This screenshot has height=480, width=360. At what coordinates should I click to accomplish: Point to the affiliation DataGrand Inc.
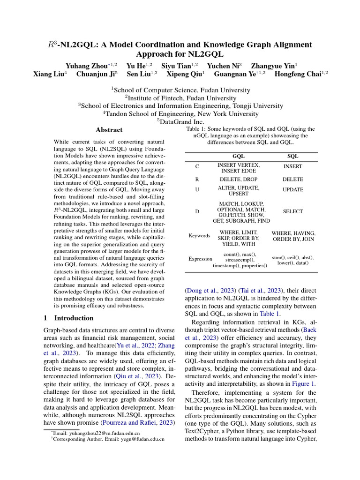(x=180, y=121)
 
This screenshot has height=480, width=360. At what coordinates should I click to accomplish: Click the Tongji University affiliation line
(x=180, y=105)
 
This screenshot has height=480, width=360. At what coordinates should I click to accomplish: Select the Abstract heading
(x=109, y=130)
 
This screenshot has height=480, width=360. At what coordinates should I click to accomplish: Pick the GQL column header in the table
(x=239, y=157)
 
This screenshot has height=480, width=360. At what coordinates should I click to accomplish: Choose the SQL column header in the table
(x=293, y=157)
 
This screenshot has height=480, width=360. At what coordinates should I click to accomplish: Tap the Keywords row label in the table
(x=199, y=236)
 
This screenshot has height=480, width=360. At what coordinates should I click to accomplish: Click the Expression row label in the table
(x=200, y=259)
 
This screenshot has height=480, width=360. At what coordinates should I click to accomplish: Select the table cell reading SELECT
(x=293, y=211)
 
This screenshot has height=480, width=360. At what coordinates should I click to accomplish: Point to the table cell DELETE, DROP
(x=239, y=179)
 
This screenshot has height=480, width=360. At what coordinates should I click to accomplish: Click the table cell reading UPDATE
(x=293, y=190)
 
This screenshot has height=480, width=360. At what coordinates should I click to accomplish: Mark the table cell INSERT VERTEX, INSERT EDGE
(x=239, y=168)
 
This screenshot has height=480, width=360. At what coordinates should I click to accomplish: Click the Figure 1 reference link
(x=304, y=383)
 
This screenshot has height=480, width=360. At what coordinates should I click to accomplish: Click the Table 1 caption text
(x=251, y=135)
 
